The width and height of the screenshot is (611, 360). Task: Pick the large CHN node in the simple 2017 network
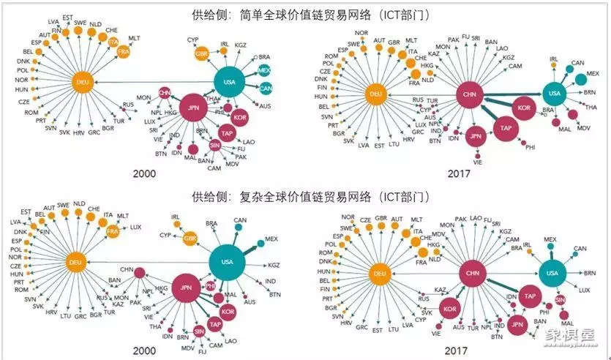[470, 94]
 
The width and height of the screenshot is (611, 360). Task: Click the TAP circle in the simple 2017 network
[506, 127]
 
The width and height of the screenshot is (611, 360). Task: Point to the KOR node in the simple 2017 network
[523, 108]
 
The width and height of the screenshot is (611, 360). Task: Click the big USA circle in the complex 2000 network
[228, 261]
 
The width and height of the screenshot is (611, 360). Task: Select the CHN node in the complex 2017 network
[471, 274]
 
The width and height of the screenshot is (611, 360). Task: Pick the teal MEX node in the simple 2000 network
[264, 69]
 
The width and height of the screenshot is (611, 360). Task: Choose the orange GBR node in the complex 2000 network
[190, 239]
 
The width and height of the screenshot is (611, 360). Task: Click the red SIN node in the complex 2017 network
[561, 300]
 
